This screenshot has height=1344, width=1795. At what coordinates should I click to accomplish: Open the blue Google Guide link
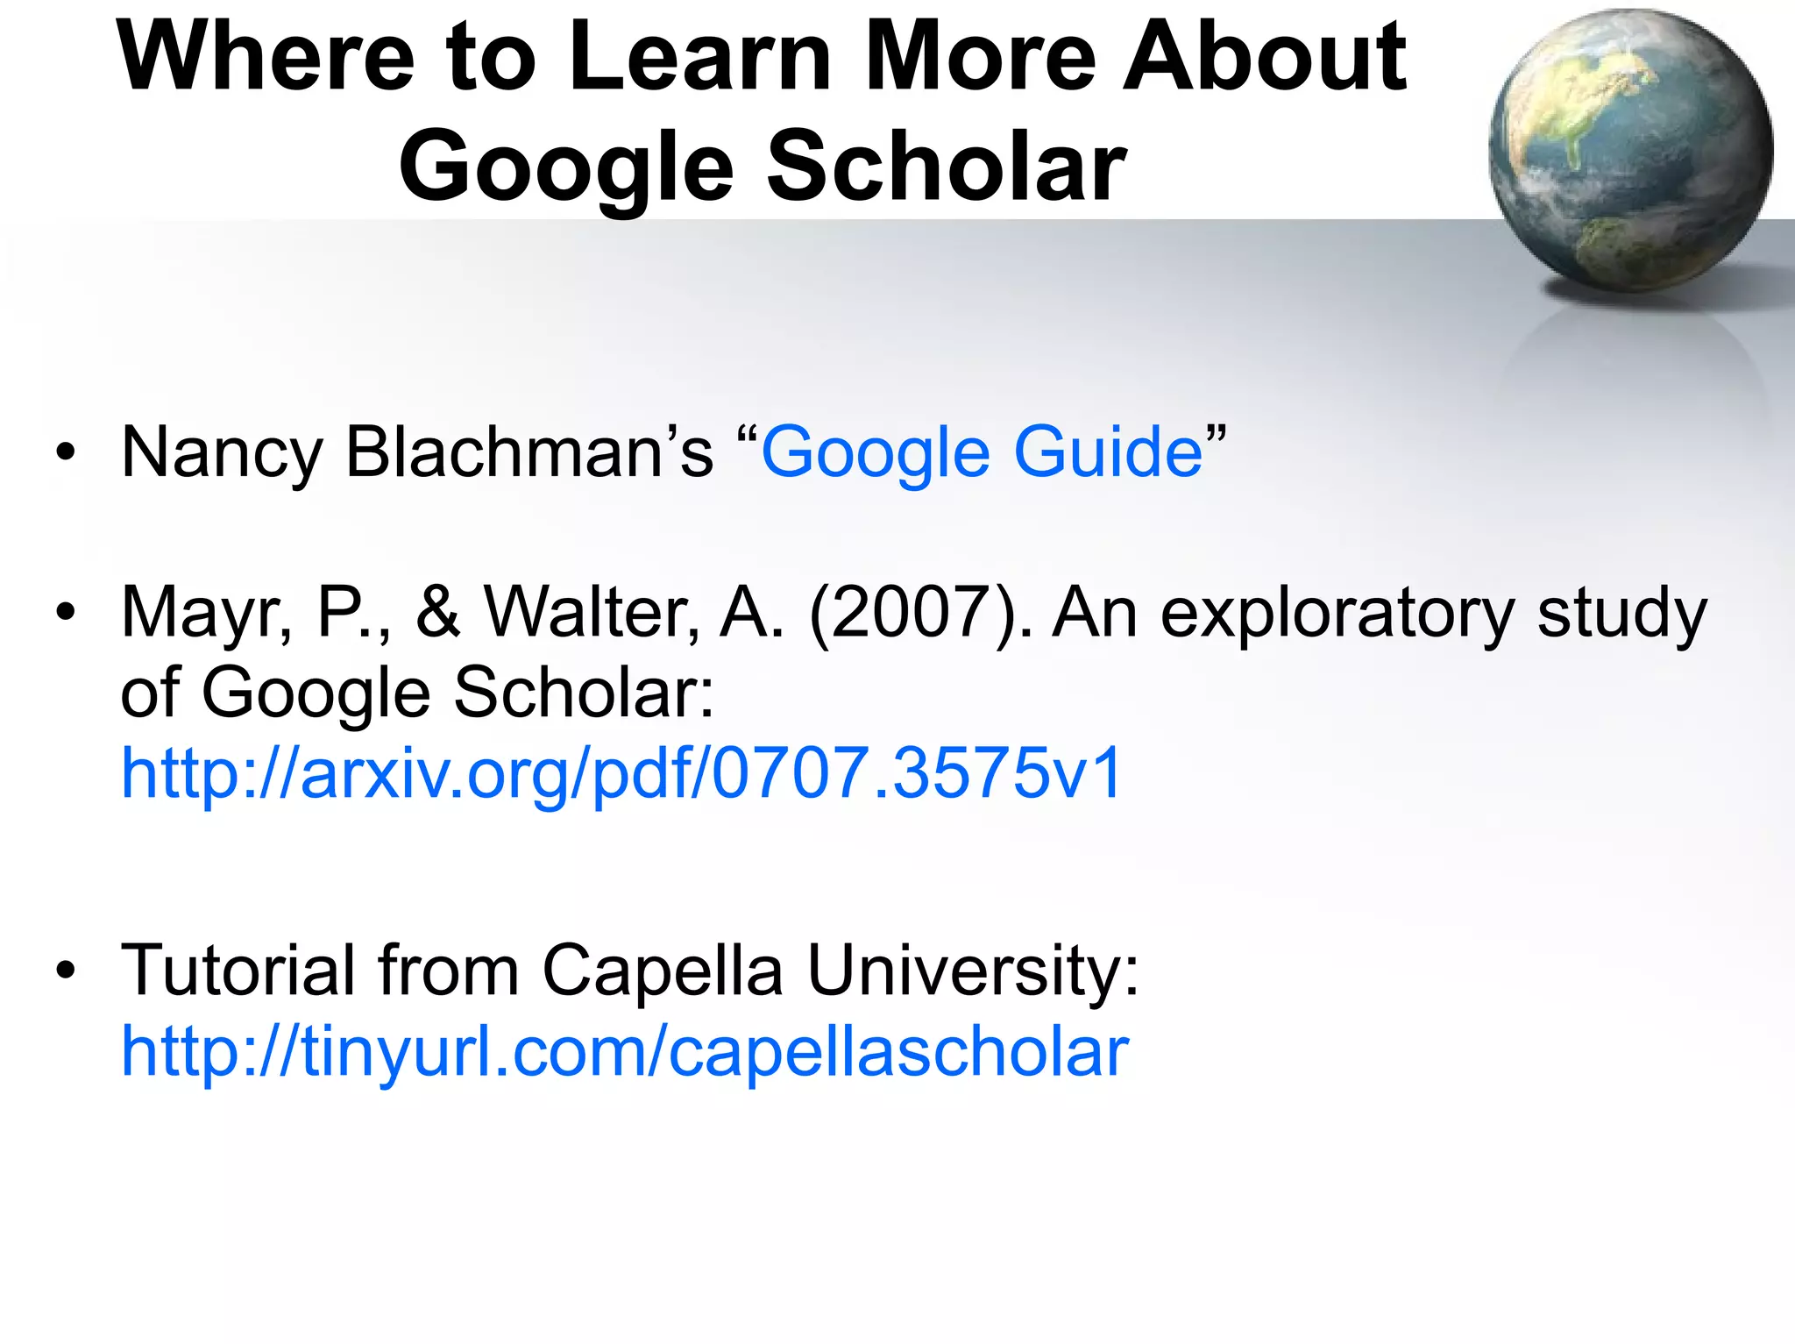pos(982,452)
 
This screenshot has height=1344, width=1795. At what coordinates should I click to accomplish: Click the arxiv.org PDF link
pos(621,773)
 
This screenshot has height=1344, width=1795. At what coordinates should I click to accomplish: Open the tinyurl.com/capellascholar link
pos(625,1051)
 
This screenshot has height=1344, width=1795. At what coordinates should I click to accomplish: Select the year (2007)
pos(919,612)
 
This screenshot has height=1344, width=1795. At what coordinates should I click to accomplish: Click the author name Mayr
pos(207,612)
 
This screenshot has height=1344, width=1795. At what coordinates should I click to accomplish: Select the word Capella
pos(663,971)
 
